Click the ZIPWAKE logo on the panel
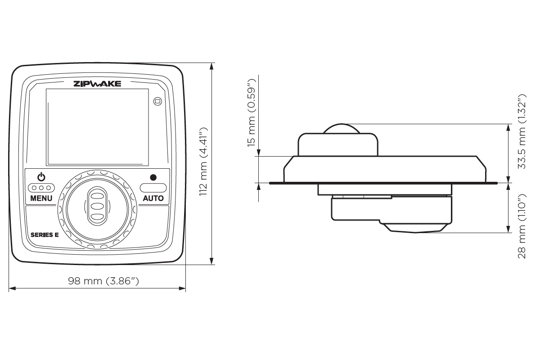(97, 83)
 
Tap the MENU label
(41, 198)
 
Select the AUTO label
(153, 198)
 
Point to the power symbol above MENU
(41, 177)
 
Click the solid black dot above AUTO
(153, 177)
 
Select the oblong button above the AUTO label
(153, 187)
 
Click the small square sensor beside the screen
(157, 101)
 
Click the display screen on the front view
(97, 126)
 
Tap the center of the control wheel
(97, 206)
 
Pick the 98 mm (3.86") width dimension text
(103, 281)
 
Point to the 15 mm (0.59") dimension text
(252, 112)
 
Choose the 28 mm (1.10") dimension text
(522, 226)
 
